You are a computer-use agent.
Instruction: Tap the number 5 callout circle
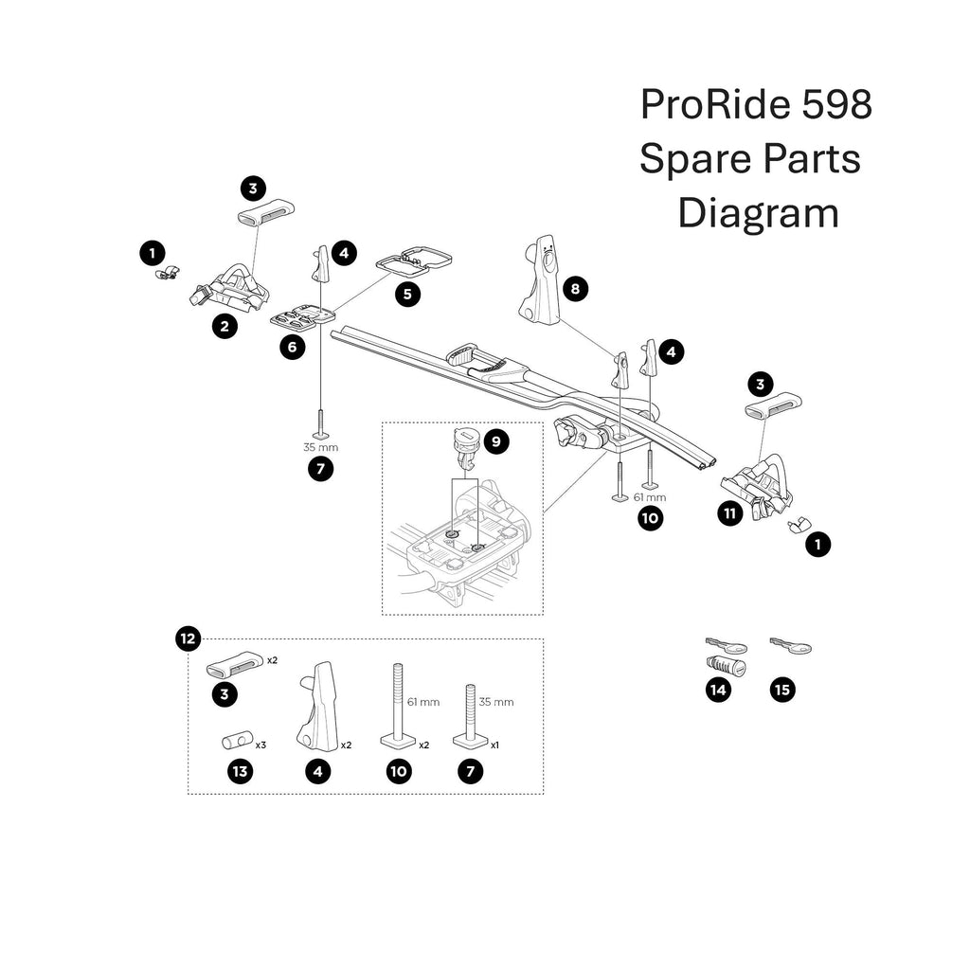[x=407, y=294]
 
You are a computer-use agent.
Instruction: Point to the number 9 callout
[x=494, y=440]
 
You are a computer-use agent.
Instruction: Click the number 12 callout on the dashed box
[x=188, y=639]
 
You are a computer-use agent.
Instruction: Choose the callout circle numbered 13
[x=241, y=772]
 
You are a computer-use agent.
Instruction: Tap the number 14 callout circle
[x=718, y=690]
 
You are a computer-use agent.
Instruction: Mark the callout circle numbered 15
[x=781, y=690]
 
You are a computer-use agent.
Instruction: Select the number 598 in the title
[x=835, y=104]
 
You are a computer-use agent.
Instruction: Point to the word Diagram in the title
[x=758, y=213]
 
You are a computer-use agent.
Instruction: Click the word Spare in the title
[x=690, y=158]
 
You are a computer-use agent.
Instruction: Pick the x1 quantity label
[x=494, y=745]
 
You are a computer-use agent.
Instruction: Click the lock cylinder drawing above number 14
[x=727, y=668]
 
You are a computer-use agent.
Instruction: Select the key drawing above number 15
[x=791, y=646]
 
